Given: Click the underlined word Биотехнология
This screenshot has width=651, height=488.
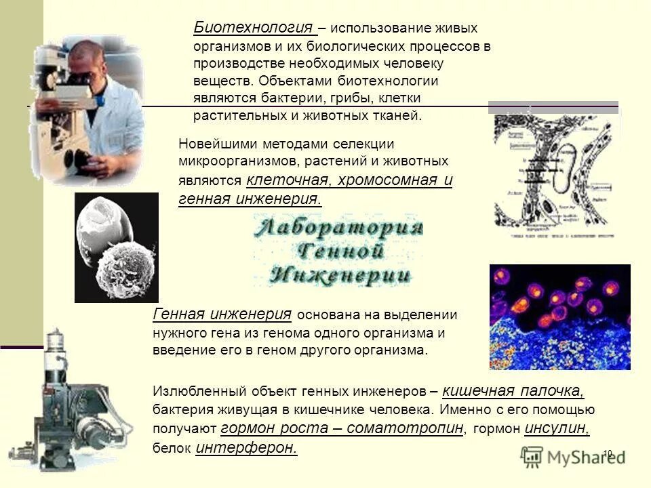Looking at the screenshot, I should [254, 28].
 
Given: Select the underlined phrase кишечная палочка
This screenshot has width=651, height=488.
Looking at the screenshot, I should [513, 391].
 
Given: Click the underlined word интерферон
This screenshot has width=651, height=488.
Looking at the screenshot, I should [246, 448].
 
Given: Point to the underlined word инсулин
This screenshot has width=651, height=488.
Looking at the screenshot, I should [557, 428].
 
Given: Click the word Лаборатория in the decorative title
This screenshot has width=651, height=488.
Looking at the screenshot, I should [338, 228].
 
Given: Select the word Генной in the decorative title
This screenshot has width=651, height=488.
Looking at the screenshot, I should [338, 251].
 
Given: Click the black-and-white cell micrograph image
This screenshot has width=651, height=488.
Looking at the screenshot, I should [116, 247].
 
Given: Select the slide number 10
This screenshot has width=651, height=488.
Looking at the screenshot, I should [607, 453].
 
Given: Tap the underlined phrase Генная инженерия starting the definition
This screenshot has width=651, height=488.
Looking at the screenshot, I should [223, 314].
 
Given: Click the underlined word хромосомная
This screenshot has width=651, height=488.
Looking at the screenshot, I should [386, 180].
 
